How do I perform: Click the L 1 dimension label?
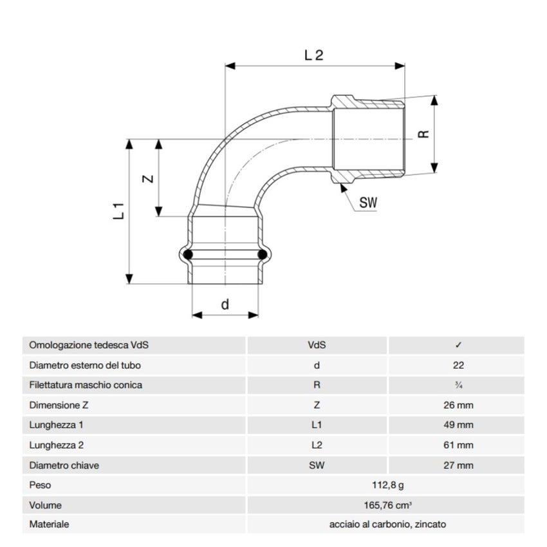(118, 211)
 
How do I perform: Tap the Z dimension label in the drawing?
(147, 179)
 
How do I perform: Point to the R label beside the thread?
(423, 134)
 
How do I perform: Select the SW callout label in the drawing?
(368, 203)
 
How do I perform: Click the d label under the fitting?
(225, 304)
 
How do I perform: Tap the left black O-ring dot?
(188, 255)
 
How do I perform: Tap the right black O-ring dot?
(263, 255)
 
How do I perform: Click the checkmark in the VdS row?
(458, 345)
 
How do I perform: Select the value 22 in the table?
(458, 365)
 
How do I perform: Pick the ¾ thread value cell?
(458, 385)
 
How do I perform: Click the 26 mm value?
(458, 405)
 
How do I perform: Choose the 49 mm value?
(458, 425)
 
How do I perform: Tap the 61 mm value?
(458, 445)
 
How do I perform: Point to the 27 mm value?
(458, 465)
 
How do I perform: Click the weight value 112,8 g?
(387, 485)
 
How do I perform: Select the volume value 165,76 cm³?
(387, 505)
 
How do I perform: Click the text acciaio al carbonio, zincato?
(387, 524)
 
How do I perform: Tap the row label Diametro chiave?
(64, 465)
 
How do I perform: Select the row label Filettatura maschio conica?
(86, 385)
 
